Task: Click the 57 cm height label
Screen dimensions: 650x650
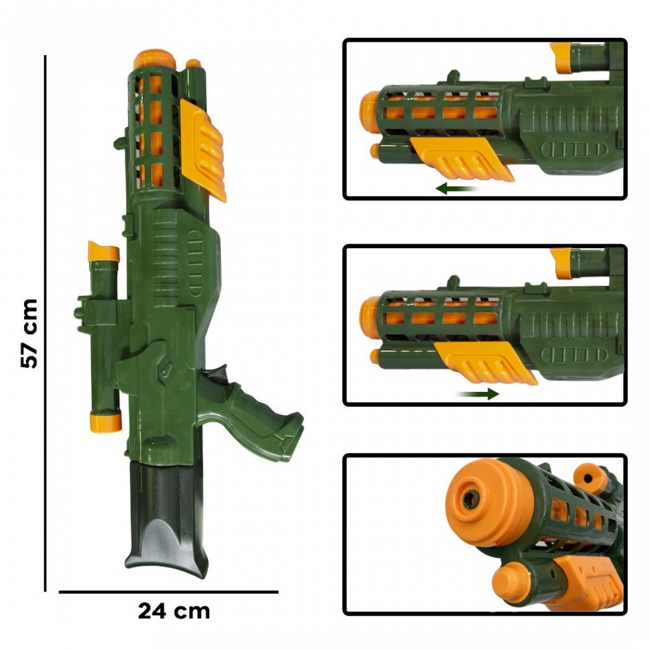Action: pos(29,333)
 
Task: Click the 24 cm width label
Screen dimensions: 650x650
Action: pos(174,612)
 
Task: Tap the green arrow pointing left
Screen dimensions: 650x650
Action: pos(457,188)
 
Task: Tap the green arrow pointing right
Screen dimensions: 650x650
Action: pos(478,394)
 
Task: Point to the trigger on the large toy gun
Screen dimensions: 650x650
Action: pos(217,375)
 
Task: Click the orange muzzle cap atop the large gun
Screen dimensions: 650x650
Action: pos(155,60)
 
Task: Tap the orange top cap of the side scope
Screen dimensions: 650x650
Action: pos(104,252)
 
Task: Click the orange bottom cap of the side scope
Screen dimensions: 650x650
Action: pos(105,422)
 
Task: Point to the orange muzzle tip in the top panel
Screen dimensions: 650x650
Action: pos(369,112)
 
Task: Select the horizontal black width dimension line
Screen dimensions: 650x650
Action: pos(168,592)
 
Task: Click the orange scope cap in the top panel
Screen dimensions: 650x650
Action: pos(560,57)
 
